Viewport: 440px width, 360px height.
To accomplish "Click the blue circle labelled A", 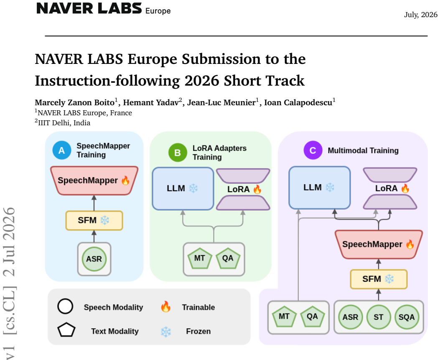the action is click(62, 150).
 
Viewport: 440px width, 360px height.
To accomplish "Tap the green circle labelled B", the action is click(178, 152).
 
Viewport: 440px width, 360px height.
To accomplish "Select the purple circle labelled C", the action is click(313, 150).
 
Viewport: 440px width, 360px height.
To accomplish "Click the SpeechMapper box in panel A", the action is click(94, 180).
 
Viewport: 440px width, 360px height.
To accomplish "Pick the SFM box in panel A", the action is click(94, 221).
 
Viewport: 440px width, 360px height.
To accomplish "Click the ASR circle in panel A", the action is click(94, 259).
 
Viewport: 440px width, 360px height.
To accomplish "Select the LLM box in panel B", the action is click(183, 188).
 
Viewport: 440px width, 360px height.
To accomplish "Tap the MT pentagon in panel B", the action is click(199, 258).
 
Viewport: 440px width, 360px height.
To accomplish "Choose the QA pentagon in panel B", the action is click(228, 258).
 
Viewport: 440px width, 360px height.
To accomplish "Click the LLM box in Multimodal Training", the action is click(320, 188).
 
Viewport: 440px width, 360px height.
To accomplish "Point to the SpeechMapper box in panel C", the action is click(379, 244).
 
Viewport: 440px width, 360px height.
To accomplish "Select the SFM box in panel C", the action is click(379, 279).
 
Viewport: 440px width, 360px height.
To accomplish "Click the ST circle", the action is click(379, 317).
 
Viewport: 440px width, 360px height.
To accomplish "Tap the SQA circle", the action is click(407, 317).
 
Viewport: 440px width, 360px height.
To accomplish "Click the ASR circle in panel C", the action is click(351, 317).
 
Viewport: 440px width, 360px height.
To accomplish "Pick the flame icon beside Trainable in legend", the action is click(165, 307).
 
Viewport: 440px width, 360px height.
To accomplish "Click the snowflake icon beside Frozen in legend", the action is click(166, 332).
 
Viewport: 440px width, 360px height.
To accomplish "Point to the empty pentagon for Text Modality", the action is click(66, 330).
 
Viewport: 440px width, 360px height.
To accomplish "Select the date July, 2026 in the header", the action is click(421, 15).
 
